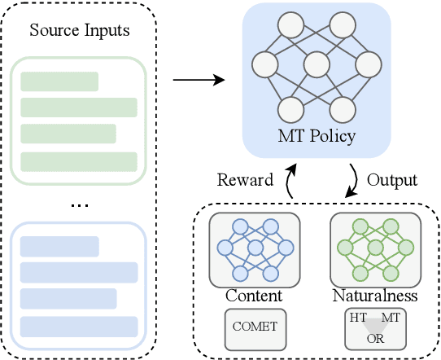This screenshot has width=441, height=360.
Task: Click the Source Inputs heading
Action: point(79,32)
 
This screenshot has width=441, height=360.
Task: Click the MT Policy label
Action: point(316,135)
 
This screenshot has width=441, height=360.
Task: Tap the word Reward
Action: point(244,178)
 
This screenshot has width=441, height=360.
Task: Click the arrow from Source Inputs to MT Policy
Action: point(199,80)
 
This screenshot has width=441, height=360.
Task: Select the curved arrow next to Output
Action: point(352,179)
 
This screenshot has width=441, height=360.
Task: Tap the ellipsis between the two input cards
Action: point(79,204)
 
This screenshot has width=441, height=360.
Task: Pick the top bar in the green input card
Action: point(59,81)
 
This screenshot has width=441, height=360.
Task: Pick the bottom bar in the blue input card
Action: point(77,327)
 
